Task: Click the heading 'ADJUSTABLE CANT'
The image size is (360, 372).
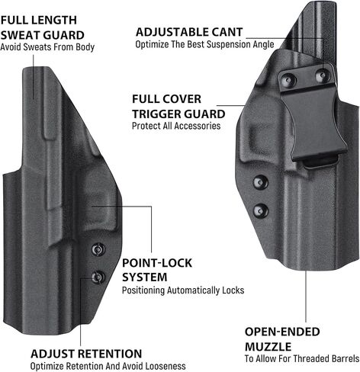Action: [x=189, y=32]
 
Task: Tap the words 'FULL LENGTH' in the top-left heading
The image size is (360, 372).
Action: [x=39, y=21]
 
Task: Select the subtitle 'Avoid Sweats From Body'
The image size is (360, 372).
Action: [x=47, y=47]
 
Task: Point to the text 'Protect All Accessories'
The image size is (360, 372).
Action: [x=176, y=126]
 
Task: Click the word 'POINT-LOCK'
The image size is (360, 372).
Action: [x=157, y=263]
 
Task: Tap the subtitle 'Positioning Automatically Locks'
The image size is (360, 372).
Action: [x=183, y=290]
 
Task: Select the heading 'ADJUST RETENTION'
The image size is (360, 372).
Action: [x=86, y=354]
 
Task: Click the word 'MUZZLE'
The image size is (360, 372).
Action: [x=268, y=347]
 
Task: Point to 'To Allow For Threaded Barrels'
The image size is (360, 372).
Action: [x=302, y=358]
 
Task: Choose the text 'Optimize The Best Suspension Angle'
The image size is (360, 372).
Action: [x=204, y=44]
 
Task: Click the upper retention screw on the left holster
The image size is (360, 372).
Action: [x=98, y=249]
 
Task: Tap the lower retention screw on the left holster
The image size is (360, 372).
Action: [x=98, y=277]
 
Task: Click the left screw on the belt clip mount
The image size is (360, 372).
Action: [x=288, y=80]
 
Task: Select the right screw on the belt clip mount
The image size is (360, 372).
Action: [x=323, y=75]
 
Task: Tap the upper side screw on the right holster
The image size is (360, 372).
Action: [x=260, y=182]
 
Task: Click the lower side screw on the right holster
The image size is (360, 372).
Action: [x=261, y=211]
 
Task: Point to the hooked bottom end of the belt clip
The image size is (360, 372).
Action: [x=320, y=162]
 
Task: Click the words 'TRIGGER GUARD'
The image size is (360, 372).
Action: [x=178, y=114]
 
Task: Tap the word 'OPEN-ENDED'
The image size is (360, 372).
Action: [x=282, y=332]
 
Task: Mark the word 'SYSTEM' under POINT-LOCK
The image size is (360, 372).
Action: [x=145, y=277]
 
